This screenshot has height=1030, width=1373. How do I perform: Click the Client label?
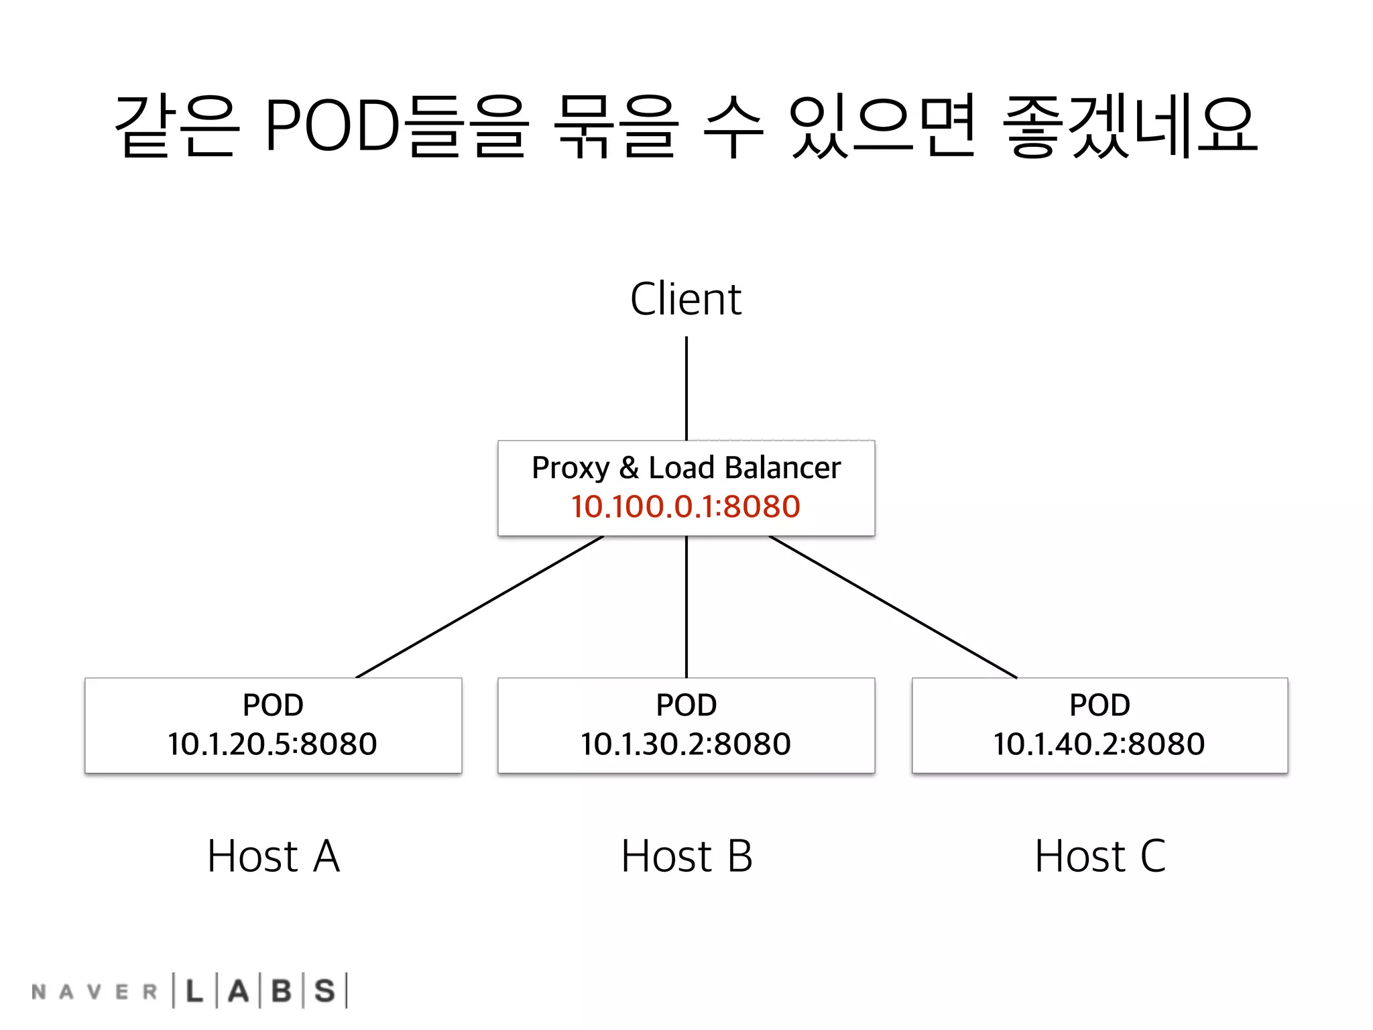coord(686,299)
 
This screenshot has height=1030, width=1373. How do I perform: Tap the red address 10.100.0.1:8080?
coord(686,506)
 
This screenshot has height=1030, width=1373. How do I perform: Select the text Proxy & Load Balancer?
coord(686,468)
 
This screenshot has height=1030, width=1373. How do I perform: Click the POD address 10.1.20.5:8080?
coord(272,744)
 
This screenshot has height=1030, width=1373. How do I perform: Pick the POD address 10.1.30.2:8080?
coord(686,744)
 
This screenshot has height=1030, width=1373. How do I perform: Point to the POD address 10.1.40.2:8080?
coord(1099,744)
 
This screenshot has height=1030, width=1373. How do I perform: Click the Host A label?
coord(274,856)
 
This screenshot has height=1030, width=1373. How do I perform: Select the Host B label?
coord(686,856)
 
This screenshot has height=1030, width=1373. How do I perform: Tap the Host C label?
coord(1100,856)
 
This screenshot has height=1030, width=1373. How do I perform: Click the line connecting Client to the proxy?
coord(686,389)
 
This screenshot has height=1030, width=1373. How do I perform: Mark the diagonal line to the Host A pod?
coord(479,607)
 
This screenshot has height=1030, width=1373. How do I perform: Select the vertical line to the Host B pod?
coord(686,607)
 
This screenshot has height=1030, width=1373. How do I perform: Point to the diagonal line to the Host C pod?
coord(893,607)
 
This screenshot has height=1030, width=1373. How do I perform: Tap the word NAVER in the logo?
coord(95,992)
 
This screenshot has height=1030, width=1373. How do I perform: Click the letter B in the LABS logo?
coord(282,991)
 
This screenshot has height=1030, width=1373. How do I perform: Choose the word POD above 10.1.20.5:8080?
coord(273,705)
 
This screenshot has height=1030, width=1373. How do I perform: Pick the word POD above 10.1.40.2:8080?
coord(1099,705)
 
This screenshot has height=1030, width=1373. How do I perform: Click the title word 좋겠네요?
coord(1129,125)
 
